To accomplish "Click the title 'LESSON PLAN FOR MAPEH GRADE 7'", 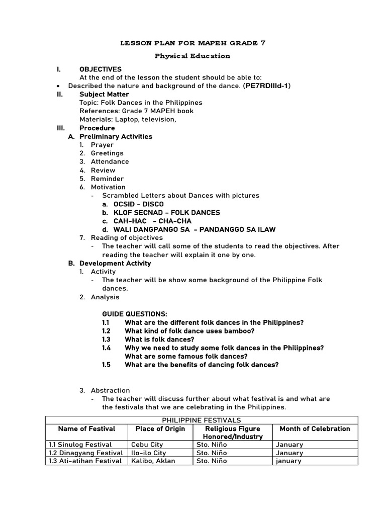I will [192, 43].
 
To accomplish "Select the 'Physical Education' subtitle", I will [192, 56].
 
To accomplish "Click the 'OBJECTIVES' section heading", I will [101, 69].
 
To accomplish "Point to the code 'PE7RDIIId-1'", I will [266, 86].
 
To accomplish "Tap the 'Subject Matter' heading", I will [104, 94].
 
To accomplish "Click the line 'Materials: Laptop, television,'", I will [128, 119].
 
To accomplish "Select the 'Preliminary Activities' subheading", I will [116, 136].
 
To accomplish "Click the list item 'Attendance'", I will [110, 161].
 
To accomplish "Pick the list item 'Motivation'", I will [108, 187].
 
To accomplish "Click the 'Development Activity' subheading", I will [115, 263].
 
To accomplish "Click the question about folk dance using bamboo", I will [189, 331].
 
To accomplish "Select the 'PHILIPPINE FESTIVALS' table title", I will [202, 420].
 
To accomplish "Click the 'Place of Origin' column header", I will [160, 429].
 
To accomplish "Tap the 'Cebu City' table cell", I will [147, 445].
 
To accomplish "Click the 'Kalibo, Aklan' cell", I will [153, 461].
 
